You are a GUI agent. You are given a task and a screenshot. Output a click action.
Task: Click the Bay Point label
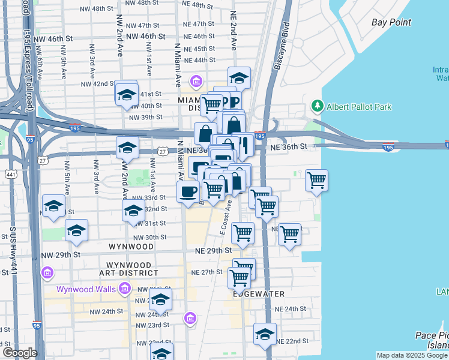coord(391,22)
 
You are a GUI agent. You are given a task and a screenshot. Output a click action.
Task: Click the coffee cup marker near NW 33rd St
coord(188,192)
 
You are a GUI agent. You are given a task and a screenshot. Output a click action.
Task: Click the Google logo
coord(20,352)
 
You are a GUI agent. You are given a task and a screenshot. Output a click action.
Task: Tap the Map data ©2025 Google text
coord(412,355)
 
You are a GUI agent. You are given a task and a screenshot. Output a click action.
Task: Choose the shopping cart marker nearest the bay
coord(316,179)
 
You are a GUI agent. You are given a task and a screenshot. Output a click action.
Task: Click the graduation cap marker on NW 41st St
coord(126,94)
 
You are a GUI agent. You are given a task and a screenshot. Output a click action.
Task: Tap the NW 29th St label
coord(61,255)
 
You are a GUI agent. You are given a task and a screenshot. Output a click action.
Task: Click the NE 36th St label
coord(292,146)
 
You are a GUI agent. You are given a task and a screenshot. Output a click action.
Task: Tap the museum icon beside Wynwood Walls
coord(124,289)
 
